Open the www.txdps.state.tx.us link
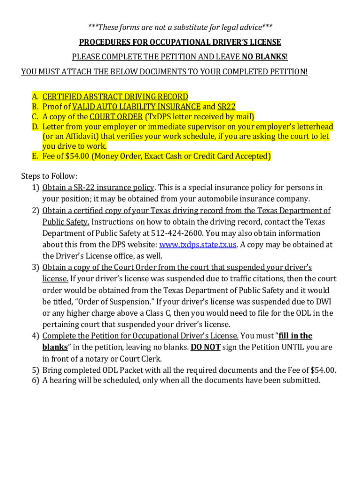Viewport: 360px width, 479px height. [x=198, y=244]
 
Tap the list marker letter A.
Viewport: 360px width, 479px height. [x=35, y=97]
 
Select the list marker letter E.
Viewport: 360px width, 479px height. [x=35, y=156]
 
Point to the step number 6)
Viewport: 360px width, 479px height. [x=36, y=380]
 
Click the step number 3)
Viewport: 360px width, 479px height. [x=36, y=267]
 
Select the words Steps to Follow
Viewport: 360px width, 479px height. [x=49, y=176]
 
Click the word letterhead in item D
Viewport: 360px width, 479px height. [x=314, y=126]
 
